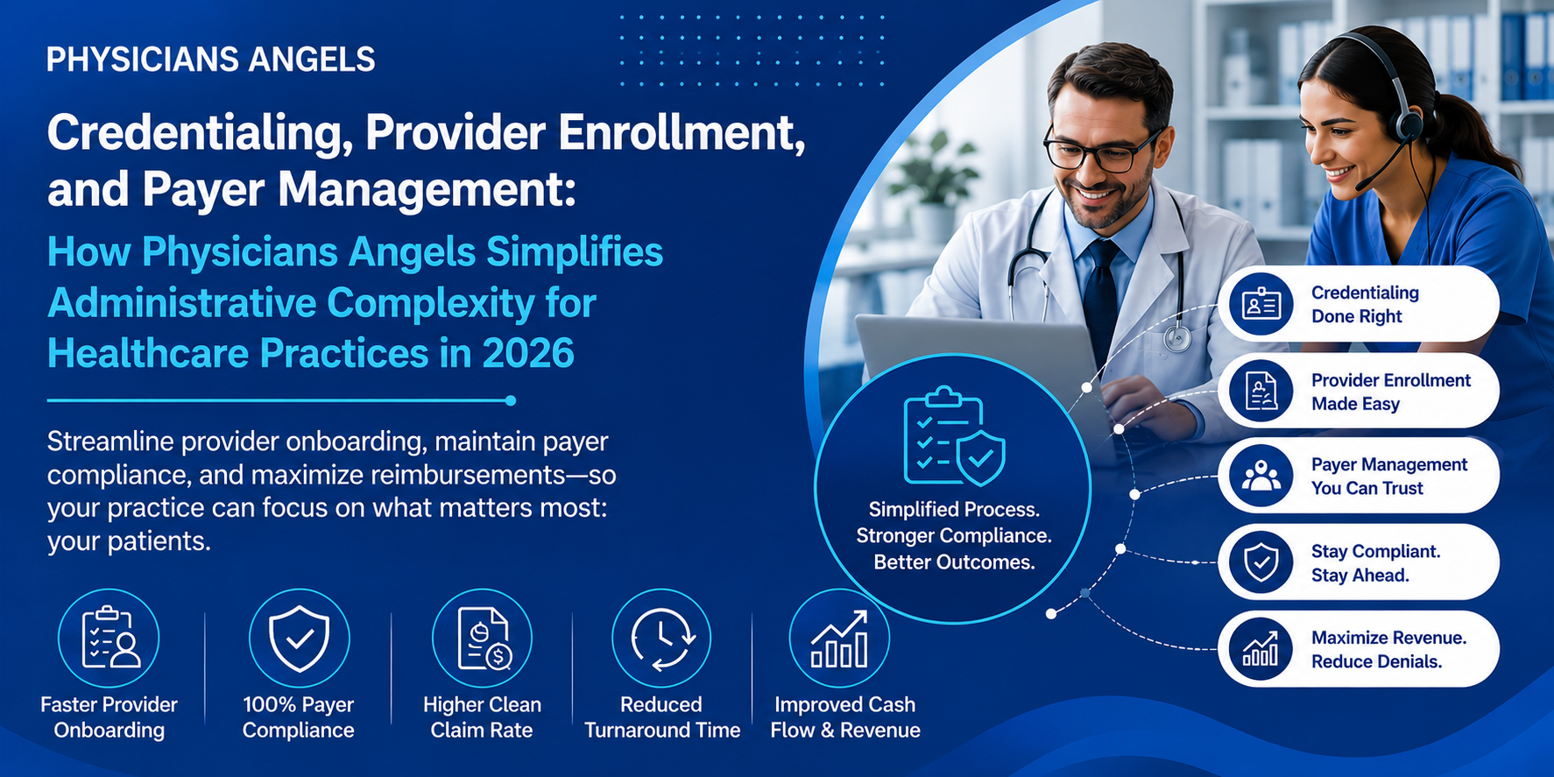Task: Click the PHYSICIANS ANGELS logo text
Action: (211, 60)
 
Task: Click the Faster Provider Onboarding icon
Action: (109, 638)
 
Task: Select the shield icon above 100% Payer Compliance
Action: (299, 638)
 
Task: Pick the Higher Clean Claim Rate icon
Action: (482, 638)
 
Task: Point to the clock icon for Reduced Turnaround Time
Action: (661, 638)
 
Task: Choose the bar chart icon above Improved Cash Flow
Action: (839, 638)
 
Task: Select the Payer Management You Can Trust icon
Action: (1261, 476)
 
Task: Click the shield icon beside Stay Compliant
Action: (1261, 562)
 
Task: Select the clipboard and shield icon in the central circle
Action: (954, 435)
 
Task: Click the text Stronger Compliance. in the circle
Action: (954, 535)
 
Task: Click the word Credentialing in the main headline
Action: (197, 134)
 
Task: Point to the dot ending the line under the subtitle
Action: (511, 400)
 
